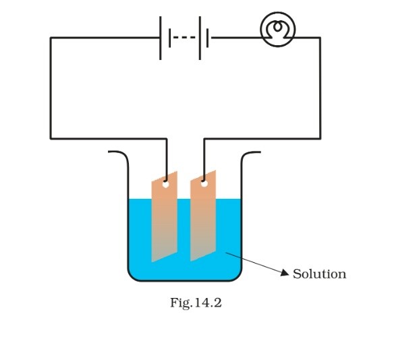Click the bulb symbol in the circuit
coord(278,30)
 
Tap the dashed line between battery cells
coord(184,38)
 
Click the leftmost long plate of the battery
coord(161,38)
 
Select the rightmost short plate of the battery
coord(208,38)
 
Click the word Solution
coord(319,274)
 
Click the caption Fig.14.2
coord(196,303)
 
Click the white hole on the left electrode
coord(165,183)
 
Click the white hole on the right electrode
coord(203,182)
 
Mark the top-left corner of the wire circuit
coord(51,38)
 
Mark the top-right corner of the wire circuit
coord(320,38)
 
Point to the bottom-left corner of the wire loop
coord(51,139)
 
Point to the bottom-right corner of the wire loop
coord(320,139)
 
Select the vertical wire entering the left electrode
coord(166,158)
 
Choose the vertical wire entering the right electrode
coord(204,158)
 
